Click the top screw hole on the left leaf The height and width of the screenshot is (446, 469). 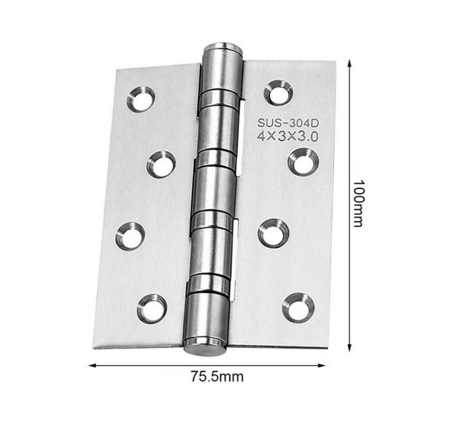pos(141,99)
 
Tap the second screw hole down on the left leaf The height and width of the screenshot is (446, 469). pos(161,164)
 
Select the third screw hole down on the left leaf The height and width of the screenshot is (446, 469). pos(130,236)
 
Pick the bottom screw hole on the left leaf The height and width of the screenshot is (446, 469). pos(152,309)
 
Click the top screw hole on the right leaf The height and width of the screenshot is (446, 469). pos(278,92)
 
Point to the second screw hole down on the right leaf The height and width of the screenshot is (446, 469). pos(303,162)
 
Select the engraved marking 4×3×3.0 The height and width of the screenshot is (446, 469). pos(287,137)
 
